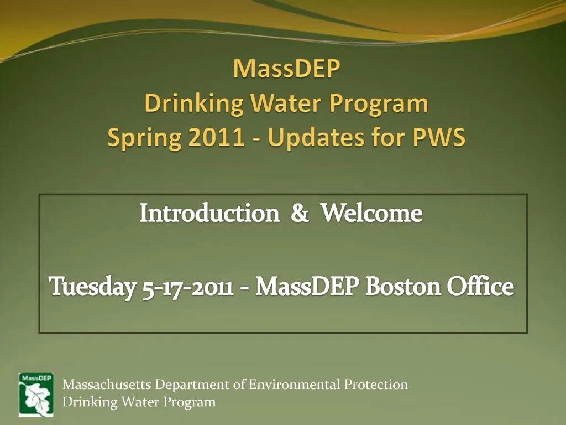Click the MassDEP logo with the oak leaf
36,394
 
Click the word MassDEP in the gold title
286,70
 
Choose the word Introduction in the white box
209,213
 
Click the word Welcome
372,213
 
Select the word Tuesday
93,287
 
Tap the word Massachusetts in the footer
107,385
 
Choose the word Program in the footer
190,402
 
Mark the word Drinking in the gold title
193,103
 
